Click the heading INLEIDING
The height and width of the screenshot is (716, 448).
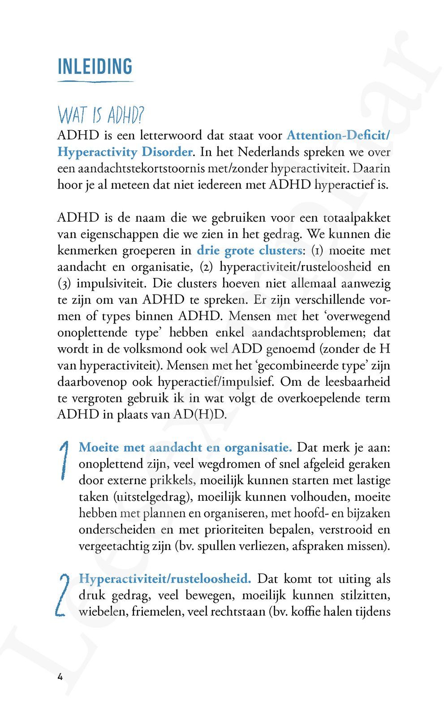(x=95, y=67)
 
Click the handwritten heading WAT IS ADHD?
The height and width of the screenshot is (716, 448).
(x=101, y=115)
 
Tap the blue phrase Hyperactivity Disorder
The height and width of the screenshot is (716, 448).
(x=125, y=152)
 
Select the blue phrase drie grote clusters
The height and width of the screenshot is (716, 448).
(x=250, y=251)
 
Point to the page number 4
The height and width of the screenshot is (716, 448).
(x=60, y=676)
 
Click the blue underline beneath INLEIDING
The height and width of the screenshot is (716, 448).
(x=95, y=81)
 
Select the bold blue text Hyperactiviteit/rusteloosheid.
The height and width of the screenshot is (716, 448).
(x=165, y=579)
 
